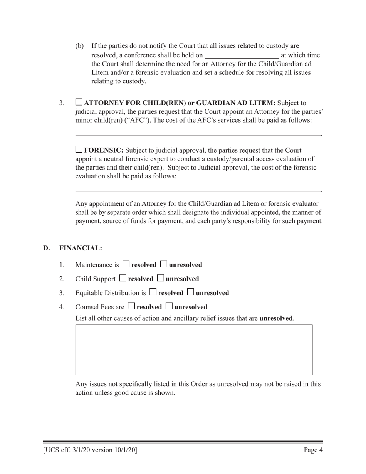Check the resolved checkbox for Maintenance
click(126, 264)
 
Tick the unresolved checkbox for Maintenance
click(164, 264)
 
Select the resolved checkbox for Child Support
click(123, 278)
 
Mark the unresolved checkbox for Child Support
click(161, 278)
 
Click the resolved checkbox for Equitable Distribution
click(153, 292)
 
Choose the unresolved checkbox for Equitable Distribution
click(191, 292)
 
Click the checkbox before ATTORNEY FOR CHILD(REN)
click(79, 102)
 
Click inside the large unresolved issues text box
click(194, 350)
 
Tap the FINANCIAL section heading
click(81, 248)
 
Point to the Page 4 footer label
click(313, 450)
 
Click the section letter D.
click(47, 248)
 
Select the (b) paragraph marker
click(79, 46)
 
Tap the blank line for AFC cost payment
click(198, 135)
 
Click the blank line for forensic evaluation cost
click(198, 190)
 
